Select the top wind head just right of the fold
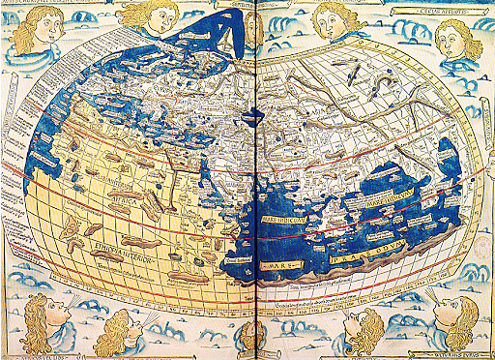[x=332, y=20]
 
